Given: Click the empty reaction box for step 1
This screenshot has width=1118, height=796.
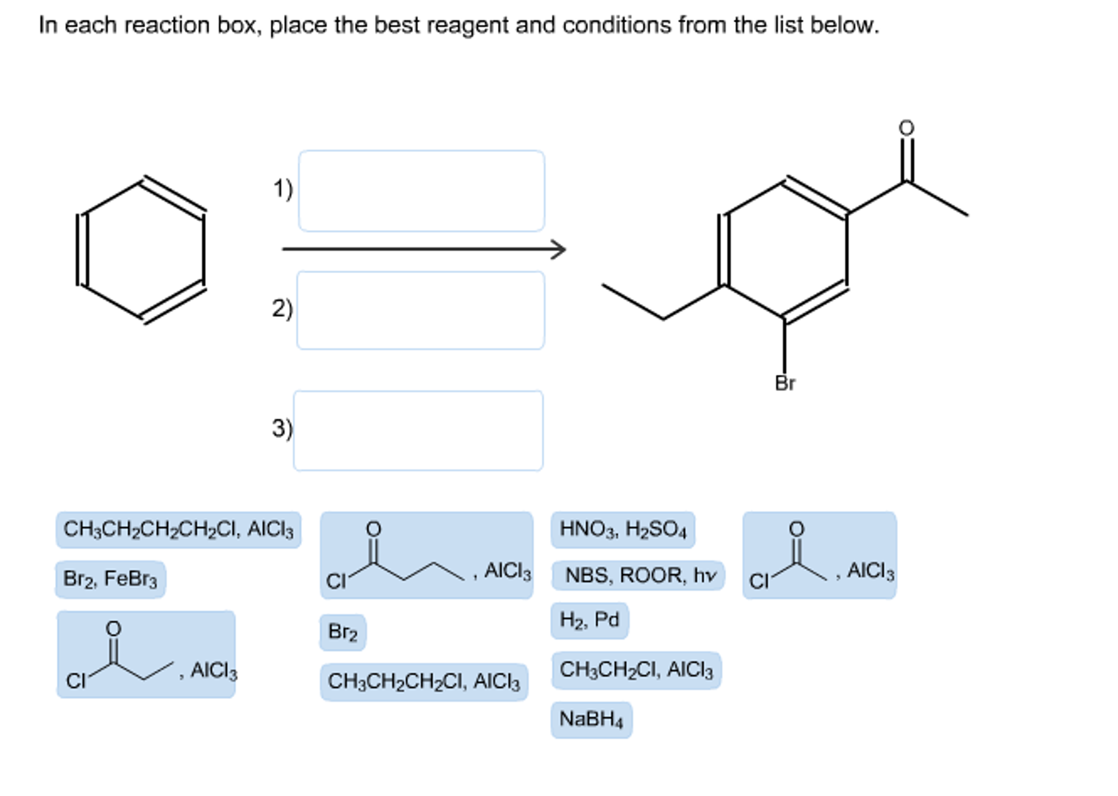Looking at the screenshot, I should (421, 191).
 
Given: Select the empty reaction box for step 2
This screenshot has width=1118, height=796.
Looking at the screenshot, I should (420, 310).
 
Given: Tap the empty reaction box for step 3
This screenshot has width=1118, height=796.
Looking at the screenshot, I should (418, 431).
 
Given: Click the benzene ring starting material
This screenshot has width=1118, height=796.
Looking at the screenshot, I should (142, 250).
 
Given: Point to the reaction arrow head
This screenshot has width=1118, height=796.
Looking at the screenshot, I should (560, 250).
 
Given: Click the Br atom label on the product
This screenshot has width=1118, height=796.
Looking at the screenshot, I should (785, 384).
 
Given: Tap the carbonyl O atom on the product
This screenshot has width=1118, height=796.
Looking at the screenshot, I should (906, 128).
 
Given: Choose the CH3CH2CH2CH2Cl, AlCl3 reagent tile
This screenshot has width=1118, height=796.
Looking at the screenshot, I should (178, 529).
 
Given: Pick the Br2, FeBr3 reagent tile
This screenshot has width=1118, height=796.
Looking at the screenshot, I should (110, 579).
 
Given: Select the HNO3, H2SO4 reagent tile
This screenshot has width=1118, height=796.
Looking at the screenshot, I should (622, 529).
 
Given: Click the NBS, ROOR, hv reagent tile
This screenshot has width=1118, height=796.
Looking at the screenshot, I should (638, 575).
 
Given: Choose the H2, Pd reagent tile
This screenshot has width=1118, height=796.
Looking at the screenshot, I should (589, 620).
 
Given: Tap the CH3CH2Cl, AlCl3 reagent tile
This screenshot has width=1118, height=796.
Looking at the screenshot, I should (636, 670).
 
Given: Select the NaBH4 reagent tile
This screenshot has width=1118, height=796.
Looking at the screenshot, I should (591, 719).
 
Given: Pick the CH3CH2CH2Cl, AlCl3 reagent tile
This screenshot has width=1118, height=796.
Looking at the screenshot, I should (423, 682).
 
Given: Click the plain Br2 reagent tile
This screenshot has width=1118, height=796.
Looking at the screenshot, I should (343, 632).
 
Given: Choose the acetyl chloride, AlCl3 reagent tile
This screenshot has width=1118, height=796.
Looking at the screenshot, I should (819, 555).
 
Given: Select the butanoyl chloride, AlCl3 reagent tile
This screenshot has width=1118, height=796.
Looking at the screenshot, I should (426, 555).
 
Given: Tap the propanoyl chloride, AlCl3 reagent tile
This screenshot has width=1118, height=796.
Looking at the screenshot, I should (146, 654).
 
